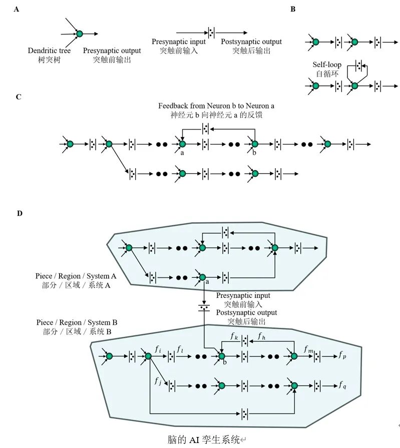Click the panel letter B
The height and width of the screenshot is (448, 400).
pos(293,10)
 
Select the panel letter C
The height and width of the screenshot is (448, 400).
pos(19,97)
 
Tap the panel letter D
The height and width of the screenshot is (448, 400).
pos(20,213)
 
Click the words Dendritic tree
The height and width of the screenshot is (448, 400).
pos(49,51)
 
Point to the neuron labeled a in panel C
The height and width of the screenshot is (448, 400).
pos(182,144)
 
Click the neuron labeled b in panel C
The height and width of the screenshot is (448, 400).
pos(255,144)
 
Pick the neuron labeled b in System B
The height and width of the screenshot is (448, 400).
pos(221,356)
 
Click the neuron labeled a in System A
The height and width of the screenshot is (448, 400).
pos(202,277)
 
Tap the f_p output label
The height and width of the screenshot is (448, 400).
pos(341,355)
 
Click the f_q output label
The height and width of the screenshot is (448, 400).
pos(342,385)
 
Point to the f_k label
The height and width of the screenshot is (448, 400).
pos(234,336)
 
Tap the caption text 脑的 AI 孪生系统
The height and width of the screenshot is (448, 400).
pos(204,440)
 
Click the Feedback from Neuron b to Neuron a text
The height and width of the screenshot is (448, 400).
pos(216,106)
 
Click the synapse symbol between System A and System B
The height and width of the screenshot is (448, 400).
pos(204,306)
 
